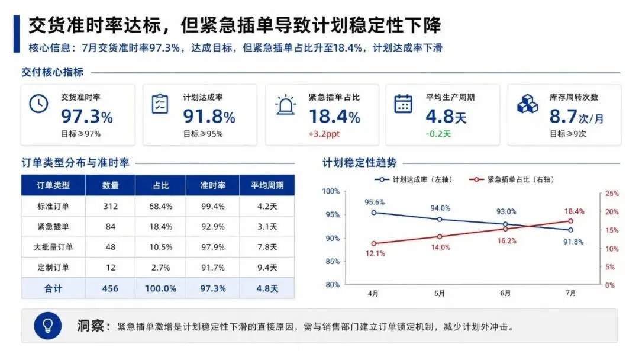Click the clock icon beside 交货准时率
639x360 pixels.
[38, 104]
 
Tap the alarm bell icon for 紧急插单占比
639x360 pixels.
[285, 104]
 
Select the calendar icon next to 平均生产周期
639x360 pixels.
[403, 104]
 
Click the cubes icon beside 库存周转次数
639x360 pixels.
[527, 104]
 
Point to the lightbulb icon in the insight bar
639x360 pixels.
[48, 326]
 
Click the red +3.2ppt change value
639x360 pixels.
[324, 134]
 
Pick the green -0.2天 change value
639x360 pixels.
[438, 134]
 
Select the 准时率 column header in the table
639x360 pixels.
[213, 185]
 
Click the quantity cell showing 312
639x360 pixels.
[111, 206]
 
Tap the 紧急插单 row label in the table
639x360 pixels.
[53, 227]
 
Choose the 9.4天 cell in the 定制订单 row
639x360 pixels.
[267, 268]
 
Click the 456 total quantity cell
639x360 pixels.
[110, 288]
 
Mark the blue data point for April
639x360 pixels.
[374, 213]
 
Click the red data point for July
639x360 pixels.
[570, 221]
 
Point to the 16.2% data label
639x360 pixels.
[506, 241]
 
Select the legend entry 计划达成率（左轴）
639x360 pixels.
[413, 179]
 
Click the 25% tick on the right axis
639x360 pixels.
[612, 193]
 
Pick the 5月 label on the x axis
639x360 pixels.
[439, 293]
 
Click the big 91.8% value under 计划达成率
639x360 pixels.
[209, 117]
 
